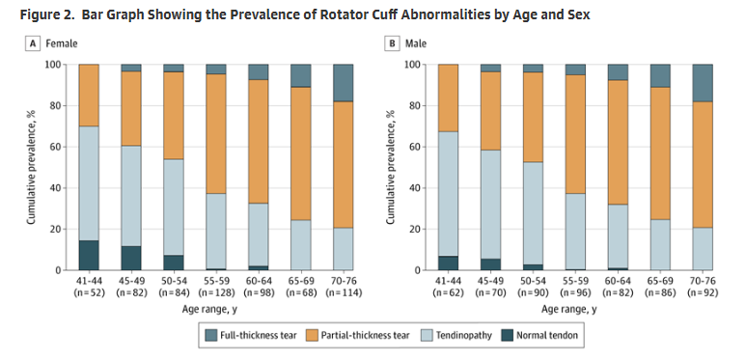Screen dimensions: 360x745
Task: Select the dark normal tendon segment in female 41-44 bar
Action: point(89,255)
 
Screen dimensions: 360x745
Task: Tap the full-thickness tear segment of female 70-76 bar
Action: point(345,83)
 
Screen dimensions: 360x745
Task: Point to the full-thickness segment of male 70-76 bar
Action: point(703,83)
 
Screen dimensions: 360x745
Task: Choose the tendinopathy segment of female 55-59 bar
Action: point(216,232)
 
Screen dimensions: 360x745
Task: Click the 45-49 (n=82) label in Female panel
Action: point(131,286)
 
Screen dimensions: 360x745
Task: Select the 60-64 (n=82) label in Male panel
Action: point(618,286)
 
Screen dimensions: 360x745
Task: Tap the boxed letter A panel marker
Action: point(34,44)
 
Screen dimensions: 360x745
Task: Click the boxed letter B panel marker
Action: point(393,44)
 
